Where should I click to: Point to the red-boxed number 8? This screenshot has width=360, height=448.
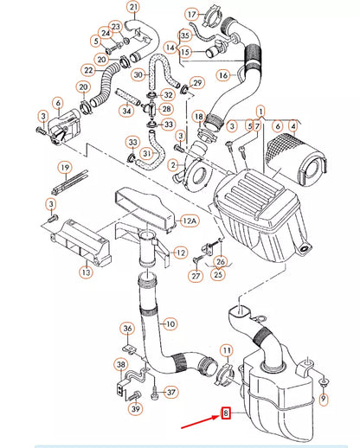click(x=227, y=413)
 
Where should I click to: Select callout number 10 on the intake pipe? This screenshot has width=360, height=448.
click(x=170, y=323)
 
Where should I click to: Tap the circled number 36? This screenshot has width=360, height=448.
click(x=127, y=328)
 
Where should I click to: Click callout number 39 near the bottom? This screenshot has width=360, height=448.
click(x=136, y=408)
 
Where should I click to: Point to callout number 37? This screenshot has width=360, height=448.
click(x=170, y=391)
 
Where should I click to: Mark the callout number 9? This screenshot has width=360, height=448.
click(x=324, y=399)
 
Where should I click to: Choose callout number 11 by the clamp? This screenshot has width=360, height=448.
click(x=226, y=350)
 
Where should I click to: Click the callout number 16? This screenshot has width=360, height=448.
click(x=222, y=76)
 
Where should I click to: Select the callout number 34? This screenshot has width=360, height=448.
click(x=127, y=111)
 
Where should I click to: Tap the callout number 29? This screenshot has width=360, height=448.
click(x=196, y=83)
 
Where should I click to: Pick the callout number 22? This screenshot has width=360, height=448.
click(x=88, y=69)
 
